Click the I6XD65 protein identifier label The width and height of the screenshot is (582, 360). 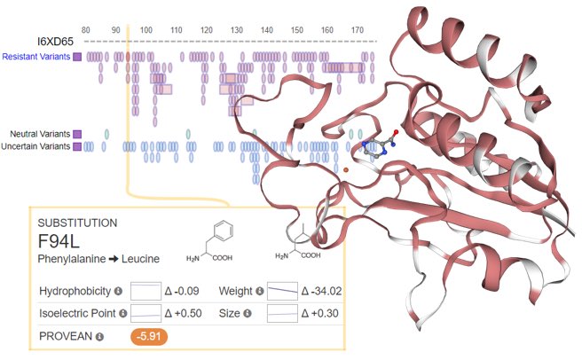53,41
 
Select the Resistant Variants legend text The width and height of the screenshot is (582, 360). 36,57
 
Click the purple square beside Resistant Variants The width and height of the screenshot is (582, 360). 78,57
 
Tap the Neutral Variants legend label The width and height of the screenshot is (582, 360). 40,133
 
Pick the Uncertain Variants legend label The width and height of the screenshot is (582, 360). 36,145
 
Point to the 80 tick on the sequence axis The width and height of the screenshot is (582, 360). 85,30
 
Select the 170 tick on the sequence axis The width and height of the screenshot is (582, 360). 357,30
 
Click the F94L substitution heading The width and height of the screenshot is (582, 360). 59,241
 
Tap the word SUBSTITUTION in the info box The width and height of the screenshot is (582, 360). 76,222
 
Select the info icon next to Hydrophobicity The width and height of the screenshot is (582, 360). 118,291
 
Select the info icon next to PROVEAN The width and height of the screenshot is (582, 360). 100,336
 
